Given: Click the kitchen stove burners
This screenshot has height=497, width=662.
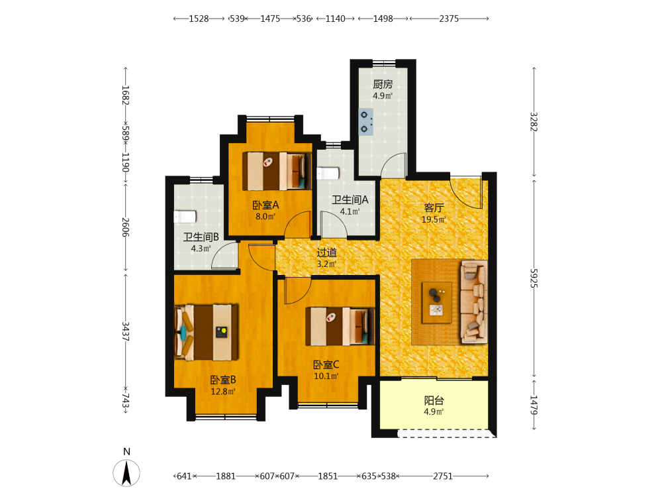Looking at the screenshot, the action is (x=365, y=122).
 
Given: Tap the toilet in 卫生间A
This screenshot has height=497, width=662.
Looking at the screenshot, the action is (x=328, y=173).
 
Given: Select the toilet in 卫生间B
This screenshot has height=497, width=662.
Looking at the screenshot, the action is (x=185, y=217).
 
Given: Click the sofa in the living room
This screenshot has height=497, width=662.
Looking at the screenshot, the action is (x=474, y=302).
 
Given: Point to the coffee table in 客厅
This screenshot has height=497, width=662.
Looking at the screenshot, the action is (x=437, y=303).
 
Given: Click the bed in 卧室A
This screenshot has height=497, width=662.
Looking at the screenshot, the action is (x=277, y=171).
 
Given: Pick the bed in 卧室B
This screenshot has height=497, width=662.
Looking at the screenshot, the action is (x=206, y=332).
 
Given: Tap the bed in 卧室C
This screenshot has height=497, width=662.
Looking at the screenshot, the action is (x=340, y=326).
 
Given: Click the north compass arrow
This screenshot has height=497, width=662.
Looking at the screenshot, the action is (x=126, y=473).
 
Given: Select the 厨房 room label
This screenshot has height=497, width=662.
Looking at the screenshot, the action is (x=383, y=85).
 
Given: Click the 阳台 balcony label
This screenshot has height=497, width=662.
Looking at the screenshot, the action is (x=434, y=400).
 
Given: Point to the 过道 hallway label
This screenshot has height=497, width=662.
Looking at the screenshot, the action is (x=327, y=252).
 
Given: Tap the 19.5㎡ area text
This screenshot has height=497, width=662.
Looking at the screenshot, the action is (x=434, y=219).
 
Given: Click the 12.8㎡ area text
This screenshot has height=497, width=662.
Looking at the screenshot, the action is (x=223, y=392).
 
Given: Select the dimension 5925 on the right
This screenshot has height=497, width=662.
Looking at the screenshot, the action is (x=534, y=278).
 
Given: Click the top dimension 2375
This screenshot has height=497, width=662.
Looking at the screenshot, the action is (x=449, y=19).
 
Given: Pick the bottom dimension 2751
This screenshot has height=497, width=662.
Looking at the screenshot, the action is (x=443, y=476).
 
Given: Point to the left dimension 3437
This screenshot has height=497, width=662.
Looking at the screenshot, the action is (x=125, y=331).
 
